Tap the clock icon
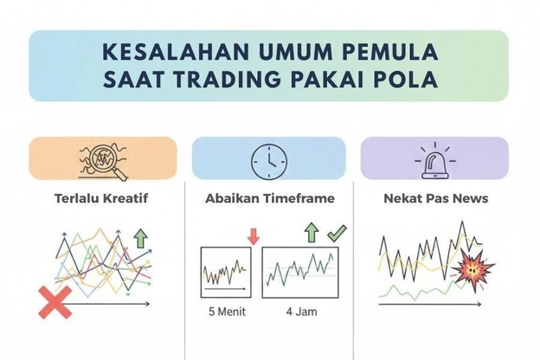click(x=268, y=158)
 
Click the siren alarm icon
click(x=434, y=158)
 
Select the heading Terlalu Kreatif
click(x=89, y=198)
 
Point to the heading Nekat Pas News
click(x=434, y=198)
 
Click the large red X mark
click(x=55, y=303)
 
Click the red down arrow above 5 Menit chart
click(x=253, y=235)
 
